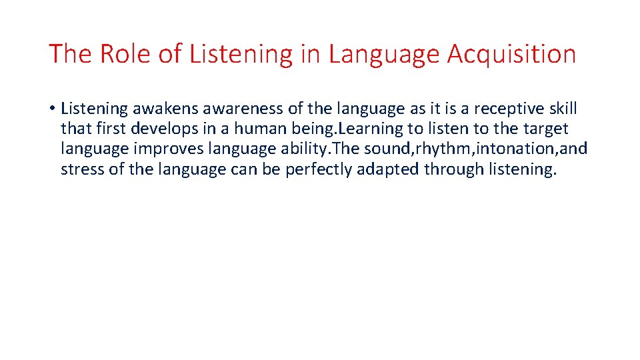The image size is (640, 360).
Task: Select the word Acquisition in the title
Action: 511,54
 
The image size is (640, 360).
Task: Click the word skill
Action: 563,109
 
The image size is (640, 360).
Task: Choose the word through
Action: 453,169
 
